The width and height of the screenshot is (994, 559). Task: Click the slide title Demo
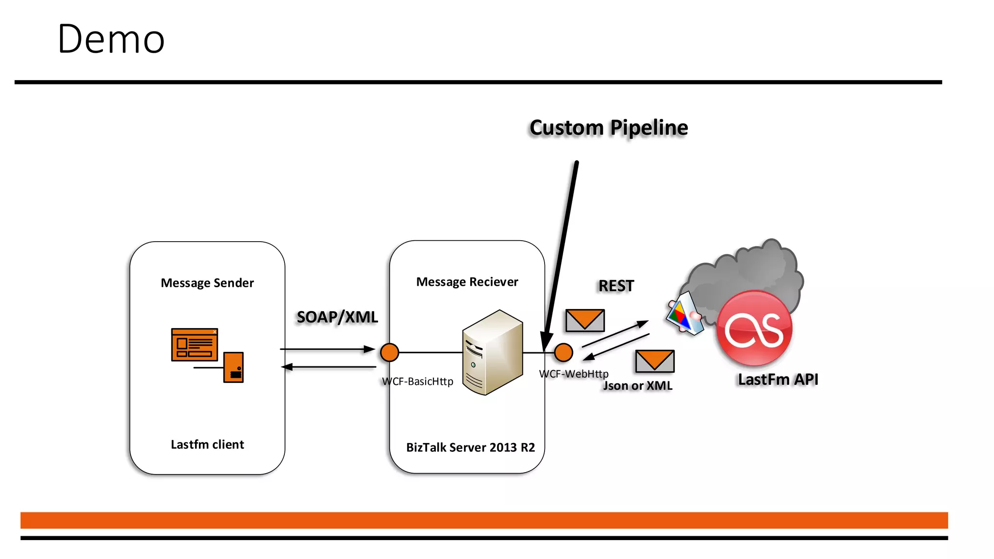(x=111, y=39)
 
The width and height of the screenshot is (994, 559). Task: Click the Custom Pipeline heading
(x=609, y=128)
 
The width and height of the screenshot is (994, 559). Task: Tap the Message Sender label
(x=207, y=283)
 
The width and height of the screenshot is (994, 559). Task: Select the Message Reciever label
(x=467, y=282)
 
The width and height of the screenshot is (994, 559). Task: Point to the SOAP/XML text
(x=337, y=317)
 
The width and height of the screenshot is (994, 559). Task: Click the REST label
(x=616, y=286)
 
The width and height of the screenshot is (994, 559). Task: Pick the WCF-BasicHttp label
(x=417, y=381)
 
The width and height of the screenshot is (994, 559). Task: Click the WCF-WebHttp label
(x=574, y=374)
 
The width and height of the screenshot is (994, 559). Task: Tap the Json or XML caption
(x=638, y=386)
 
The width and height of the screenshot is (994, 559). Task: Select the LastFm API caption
(x=778, y=379)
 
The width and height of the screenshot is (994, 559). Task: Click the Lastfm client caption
(x=207, y=444)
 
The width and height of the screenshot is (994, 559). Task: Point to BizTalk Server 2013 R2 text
(x=470, y=447)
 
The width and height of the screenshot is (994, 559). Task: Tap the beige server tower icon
(x=492, y=352)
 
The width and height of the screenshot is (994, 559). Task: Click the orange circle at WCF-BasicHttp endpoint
(x=389, y=352)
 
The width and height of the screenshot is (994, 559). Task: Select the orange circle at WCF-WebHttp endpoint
(x=563, y=352)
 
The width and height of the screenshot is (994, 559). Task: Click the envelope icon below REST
(x=585, y=320)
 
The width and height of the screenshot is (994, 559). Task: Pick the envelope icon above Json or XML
(x=655, y=361)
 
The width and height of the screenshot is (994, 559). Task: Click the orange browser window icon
(x=195, y=345)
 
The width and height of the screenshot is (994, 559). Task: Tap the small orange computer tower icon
(x=233, y=367)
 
